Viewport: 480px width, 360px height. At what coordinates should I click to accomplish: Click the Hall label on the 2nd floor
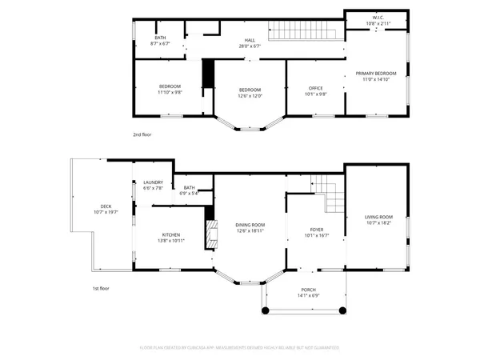(x=250, y=43)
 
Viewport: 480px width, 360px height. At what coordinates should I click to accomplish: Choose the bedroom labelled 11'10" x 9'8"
(x=170, y=90)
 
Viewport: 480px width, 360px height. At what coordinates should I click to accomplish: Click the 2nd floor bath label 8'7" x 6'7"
(x=160, y=41)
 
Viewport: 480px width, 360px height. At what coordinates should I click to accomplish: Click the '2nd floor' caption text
(x=142, y=134)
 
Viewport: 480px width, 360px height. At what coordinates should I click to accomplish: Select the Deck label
(x=106, y=209)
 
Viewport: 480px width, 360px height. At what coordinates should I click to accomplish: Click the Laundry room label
(x=153, y=186)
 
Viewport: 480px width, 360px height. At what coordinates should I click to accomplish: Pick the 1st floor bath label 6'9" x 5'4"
(x=190, y=190)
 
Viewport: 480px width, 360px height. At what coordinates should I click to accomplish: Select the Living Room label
(x=379, y=220)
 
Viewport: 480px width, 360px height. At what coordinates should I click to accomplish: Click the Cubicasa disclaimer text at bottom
(x=240, y=349)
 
